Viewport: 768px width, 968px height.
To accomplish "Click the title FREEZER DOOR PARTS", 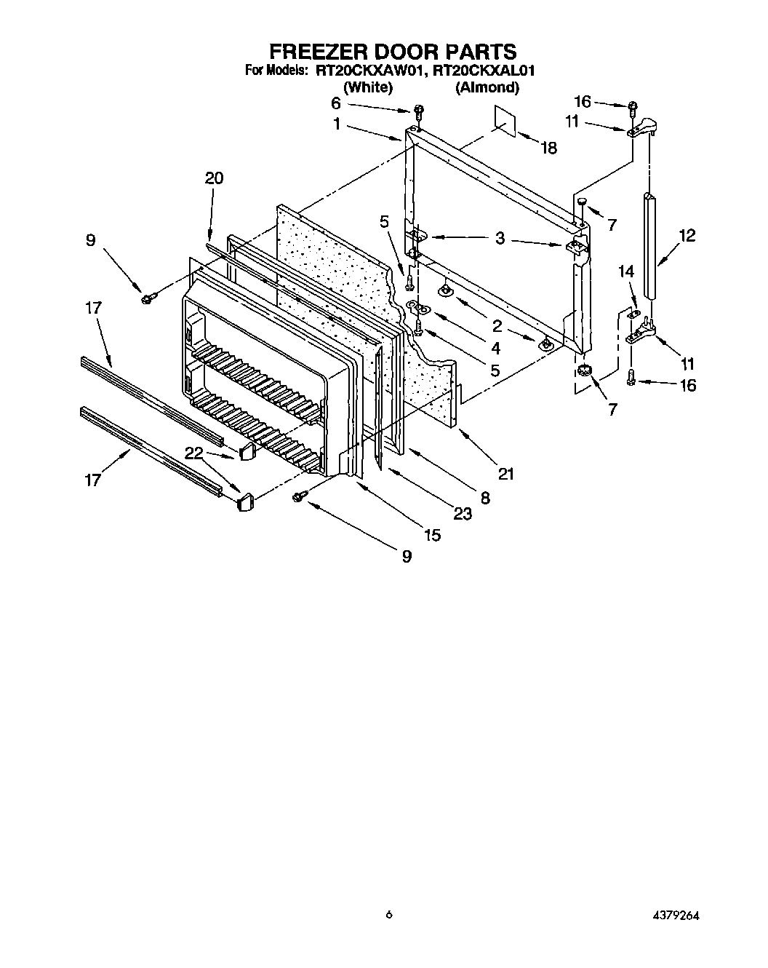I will [x=393, y=52].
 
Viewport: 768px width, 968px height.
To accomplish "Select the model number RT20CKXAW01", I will [x=370, y=71].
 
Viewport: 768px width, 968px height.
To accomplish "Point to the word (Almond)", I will [x=487, y=87].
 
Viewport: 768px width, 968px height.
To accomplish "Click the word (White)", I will [x=368, y=87].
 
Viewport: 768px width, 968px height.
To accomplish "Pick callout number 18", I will [x=548, y=148].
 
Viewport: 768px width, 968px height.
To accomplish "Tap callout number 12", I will [x=687, y=235].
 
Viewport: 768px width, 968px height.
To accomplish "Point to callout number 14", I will [x=626, y=271].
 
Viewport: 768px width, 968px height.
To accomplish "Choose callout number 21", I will [x=505, y=474].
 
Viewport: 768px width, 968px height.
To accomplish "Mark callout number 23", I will [x=462, y=513].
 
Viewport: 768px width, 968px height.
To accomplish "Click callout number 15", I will [x=432, y=535].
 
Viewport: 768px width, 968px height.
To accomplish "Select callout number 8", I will [x=485, y=498].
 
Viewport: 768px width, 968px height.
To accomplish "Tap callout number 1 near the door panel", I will [x=337, y=124].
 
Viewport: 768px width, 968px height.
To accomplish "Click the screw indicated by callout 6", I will [x=418, y=111].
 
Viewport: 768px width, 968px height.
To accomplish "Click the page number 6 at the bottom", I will [x=389, y=916].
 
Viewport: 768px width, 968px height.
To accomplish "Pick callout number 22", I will [x=193, y=452].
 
